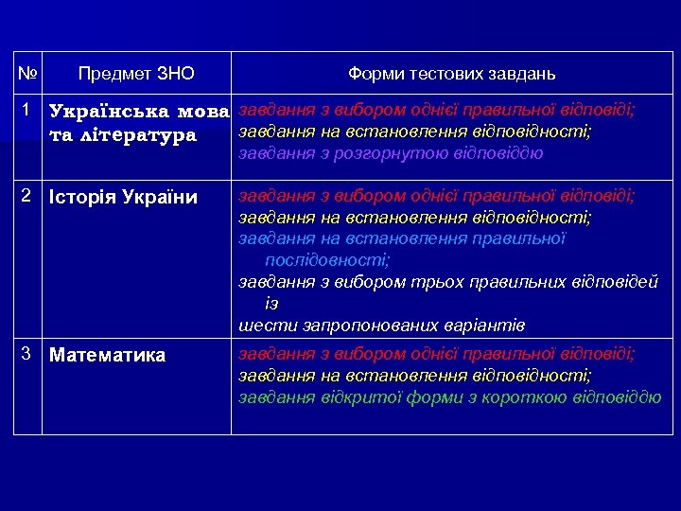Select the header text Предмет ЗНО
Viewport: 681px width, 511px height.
pos(136,73)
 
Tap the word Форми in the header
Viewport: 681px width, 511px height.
pos(376,73)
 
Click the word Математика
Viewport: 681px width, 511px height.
pos(107,356)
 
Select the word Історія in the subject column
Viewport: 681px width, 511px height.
pos(79,198)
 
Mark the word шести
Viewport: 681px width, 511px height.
pos(261,325)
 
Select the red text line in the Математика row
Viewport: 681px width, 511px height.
pos(436,354)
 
